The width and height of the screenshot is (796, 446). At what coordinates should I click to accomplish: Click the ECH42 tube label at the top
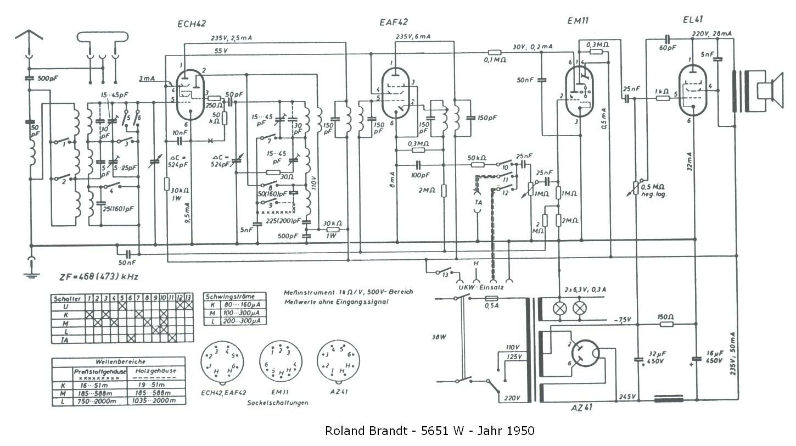[x=192, y=24]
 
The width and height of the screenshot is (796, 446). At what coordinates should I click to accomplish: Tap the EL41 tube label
[x=693, y=21]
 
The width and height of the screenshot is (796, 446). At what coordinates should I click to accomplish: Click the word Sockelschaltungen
[x=278, y=402]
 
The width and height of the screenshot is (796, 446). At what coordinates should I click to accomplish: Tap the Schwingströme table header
[x=235, y=296]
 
